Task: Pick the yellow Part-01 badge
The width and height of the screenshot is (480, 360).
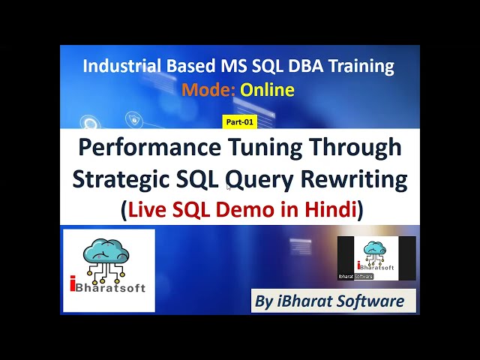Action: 240,121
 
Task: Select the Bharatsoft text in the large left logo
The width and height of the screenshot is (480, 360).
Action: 112,287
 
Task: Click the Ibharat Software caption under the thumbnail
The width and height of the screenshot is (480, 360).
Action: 355,277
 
